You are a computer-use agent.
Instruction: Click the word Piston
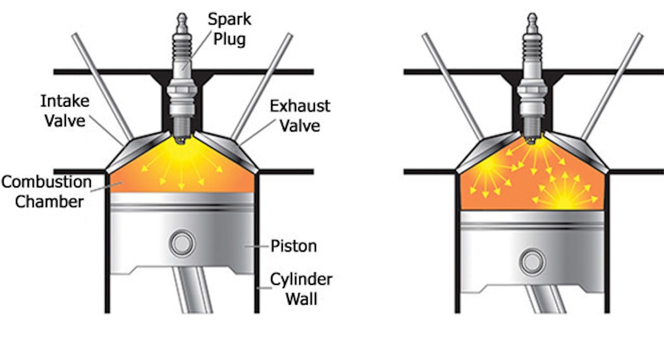click(294, 245)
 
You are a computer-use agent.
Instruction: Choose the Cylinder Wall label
click(301, 289)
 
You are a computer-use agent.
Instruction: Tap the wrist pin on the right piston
click(532, 261)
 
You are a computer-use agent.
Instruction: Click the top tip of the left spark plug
click(182, 17)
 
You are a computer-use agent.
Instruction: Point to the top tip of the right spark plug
click(532, 17)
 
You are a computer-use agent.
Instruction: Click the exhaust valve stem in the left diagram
click(262, 83)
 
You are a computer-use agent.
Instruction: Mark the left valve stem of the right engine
click(451, 83)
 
